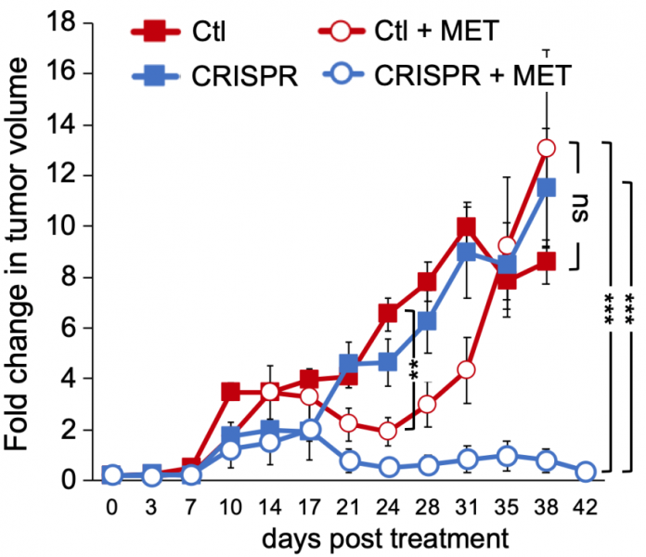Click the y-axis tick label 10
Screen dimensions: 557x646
(x=73, y=227)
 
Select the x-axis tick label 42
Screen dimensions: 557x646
(x=585, y=507)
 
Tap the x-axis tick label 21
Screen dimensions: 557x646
(x=348, y=507)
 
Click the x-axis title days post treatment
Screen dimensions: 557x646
(x=385, y=538)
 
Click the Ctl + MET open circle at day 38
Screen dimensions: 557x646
(x=547, y=149)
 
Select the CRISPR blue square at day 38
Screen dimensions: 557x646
(x=547, y=188)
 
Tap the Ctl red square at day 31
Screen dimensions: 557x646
(x=467, y=227)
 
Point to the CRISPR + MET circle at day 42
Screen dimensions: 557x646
(x=586, y=472)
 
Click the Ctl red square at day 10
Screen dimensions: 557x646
(x=231, y=392)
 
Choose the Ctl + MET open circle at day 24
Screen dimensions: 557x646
(x=388, y=432)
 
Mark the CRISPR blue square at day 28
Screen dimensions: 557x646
(x=428, y=321)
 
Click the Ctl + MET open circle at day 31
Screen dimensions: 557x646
(x=467, y=369)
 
